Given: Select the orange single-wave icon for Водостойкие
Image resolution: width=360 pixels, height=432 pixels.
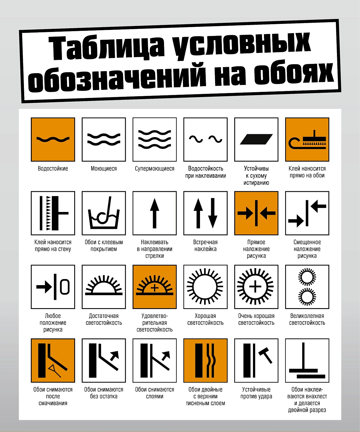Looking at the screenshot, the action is tap(53, 139).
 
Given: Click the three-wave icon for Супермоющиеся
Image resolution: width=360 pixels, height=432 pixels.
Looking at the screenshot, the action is tap(155, 139).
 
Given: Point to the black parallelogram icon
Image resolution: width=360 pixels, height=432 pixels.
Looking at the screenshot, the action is tap(256, 139).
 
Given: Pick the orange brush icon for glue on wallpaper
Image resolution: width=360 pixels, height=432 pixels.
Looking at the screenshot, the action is tap(307, 139).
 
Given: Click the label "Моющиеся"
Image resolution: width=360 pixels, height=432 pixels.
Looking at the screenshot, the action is tap(104, 168).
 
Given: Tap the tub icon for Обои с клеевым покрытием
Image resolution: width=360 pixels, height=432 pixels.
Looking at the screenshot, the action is tap(104, 213).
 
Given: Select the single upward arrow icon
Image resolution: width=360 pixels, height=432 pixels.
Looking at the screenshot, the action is tap(155, 213).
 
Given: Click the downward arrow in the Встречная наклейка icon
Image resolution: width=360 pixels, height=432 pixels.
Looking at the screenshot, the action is tap(213, 213).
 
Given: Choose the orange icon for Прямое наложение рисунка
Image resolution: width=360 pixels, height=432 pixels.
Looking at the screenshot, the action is tap(256, 213).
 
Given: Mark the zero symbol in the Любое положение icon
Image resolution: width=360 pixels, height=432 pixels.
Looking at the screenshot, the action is tap(65, 287).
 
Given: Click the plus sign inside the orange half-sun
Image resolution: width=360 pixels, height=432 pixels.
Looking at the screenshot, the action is tap(155, 288).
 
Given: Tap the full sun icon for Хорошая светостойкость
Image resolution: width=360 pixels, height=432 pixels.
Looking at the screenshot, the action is tap(205, 287).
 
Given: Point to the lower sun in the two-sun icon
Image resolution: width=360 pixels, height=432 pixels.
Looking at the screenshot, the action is tap(307, 297).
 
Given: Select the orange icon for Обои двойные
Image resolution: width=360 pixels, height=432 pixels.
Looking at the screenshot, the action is tap(205, 361).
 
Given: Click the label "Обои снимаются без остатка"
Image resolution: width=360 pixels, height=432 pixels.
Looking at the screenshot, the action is tap(104, 393).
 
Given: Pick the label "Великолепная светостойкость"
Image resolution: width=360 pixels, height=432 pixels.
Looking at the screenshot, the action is tap(307, 319).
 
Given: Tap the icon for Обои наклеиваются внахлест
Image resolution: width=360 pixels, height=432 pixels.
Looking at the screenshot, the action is tap(307, 361).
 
